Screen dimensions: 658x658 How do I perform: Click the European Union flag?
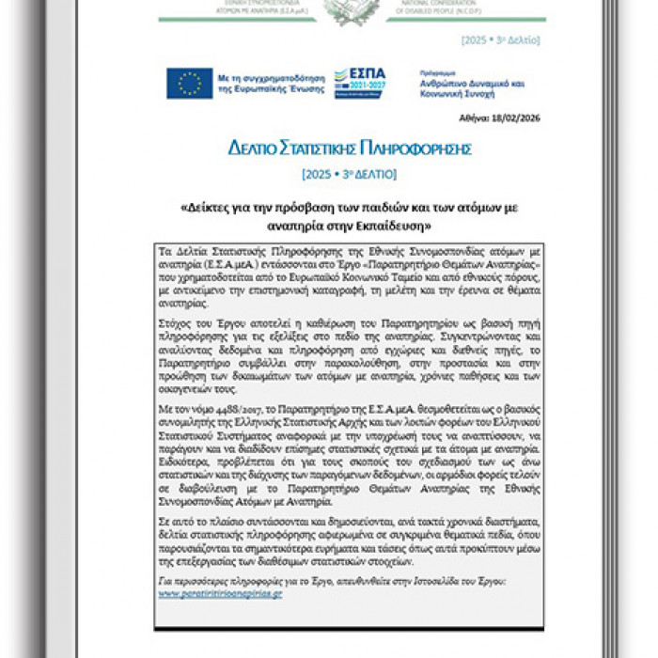click(x=188, y=83)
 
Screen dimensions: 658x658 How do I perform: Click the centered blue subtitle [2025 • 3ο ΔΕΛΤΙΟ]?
click(x=349, y=174)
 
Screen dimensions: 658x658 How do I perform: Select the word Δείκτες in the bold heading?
click(x=208, y=207)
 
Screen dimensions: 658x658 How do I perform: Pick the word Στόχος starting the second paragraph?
click(x=178, y=320)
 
